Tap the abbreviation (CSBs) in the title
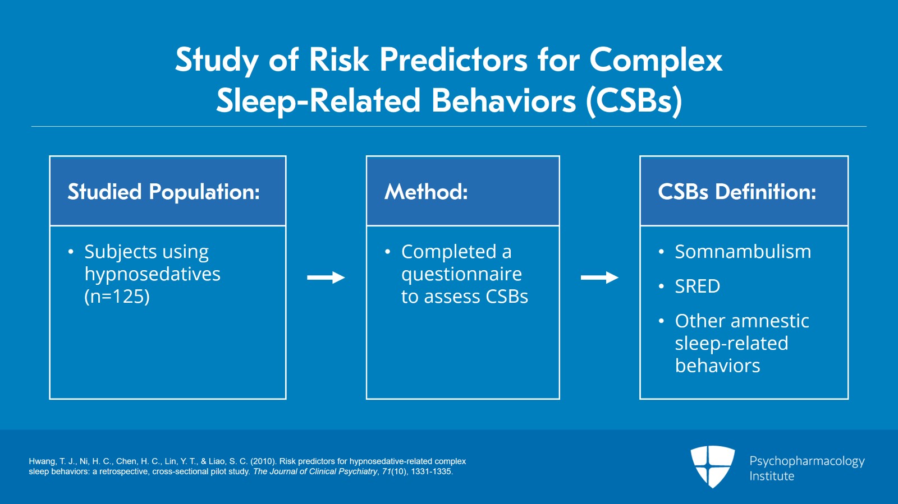[x=634, y=101]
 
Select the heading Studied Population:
[x=163, y=192]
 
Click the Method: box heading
[x=426, y=192]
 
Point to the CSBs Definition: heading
[x=737, y=192]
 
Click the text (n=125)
[x=117, y=296]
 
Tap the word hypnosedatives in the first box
[x=152, y=274]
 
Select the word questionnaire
[x=461, y=274]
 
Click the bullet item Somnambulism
[x=743, y=252]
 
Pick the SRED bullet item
[x=697, y=286]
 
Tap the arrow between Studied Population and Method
[x=326, y=278]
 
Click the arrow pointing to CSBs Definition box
[x=599, y=278]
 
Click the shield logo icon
[x=712, y=466]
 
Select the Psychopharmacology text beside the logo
[x=807, y=461]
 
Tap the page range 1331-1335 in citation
[x=431, y=471]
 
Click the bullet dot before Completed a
[x=387, y=252]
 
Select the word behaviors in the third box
[x=717, y=366]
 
